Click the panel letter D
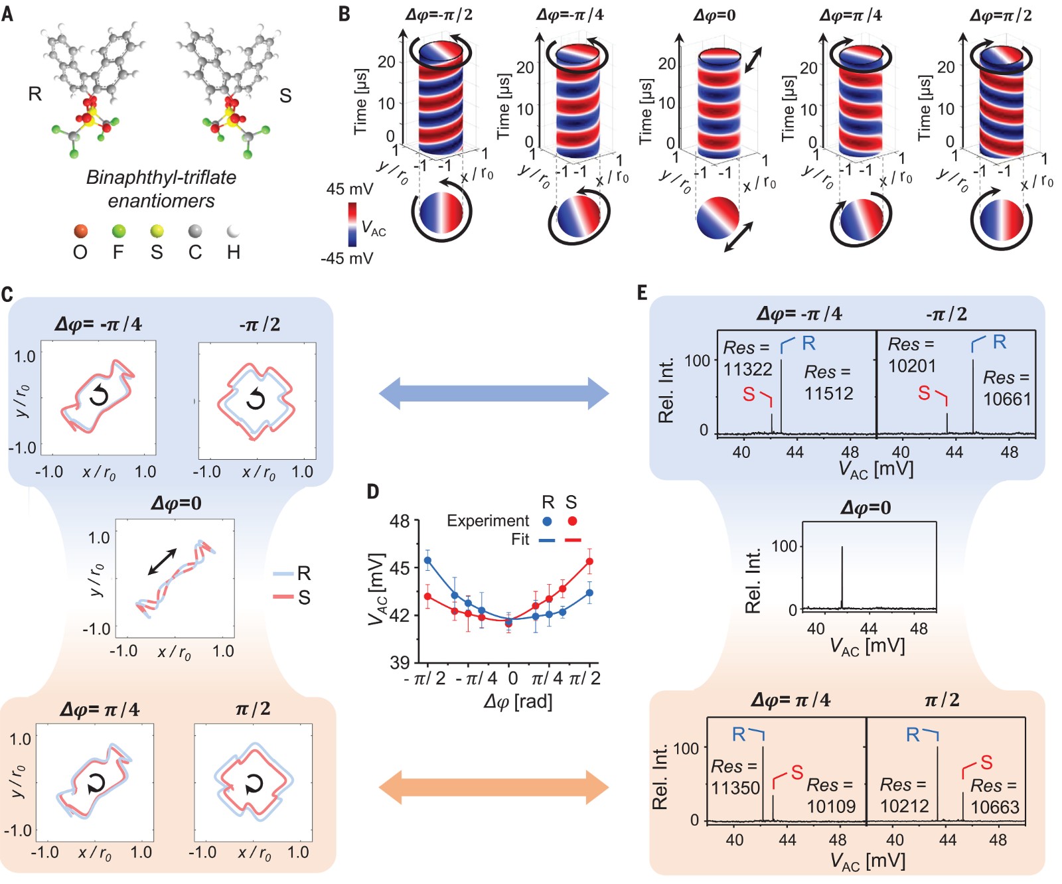pyautogui.click(x=373, y=492)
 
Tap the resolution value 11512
pyautogui.click(x=828, y=394)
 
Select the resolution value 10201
pyautogui.click(x=911, y=366)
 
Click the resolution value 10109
pyautogui.click(x=831, y=806)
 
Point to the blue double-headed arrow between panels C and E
pyautogui.click(x=494, y=393)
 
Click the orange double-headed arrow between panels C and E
pyautogui.click(x=494, y=788)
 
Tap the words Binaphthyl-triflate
pyautogui.click(x=161, y=177)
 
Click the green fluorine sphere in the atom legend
pyautogui.click(x=119, y=231)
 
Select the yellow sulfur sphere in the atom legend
pyautogui.click(x=157, y=231)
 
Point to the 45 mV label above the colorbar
pyautogui.click(x=349, y=189)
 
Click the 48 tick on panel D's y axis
pyautogui.click(x=400, y=521)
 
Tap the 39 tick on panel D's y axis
pyautogui.click(x=400, y=662)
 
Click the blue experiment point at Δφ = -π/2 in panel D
pyautogui.click(x=428, y=561)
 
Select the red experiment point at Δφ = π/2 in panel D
pyautogui.click(x=589, y=562)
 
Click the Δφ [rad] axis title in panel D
pyautogui.click(x=518, y=701)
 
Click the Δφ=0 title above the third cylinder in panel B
pyautogui.click(x=714, y=15)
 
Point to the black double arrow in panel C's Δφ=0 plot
pyautogui.click(x=163, y=561)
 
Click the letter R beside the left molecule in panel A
pyautogui.click(x=35, y=94)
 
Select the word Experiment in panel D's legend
pyautogui.click(x=488, y=521)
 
